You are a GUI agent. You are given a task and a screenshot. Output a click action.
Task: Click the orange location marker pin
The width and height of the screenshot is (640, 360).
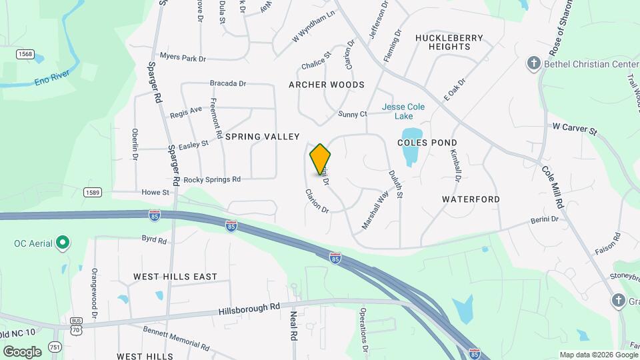320,159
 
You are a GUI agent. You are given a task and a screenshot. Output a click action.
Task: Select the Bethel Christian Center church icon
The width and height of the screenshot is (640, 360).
533,63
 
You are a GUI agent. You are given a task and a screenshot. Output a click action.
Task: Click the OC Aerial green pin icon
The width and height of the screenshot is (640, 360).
63,243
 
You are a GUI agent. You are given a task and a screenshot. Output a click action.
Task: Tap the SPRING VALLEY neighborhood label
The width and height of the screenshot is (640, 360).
262,137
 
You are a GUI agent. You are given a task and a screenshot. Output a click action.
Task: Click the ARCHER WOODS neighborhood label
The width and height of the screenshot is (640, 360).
327,85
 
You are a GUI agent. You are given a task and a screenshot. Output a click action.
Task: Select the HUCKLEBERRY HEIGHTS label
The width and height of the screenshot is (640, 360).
449,43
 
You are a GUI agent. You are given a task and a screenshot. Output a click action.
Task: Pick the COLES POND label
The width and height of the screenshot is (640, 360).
427,143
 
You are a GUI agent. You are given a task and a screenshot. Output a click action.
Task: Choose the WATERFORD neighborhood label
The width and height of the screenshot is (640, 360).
471,199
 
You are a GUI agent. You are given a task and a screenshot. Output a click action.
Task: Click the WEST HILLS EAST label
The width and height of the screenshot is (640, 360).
175,277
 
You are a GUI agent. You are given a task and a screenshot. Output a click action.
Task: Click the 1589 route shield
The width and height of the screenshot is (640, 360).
93,193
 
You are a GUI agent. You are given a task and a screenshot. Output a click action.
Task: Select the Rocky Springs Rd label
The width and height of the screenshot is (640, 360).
211,180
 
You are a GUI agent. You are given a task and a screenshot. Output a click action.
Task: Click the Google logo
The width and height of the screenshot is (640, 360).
22,351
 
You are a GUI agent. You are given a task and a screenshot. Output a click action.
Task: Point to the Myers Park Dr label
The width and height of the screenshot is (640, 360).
183,59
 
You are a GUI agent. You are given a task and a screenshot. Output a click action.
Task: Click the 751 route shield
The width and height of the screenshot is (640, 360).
55,346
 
